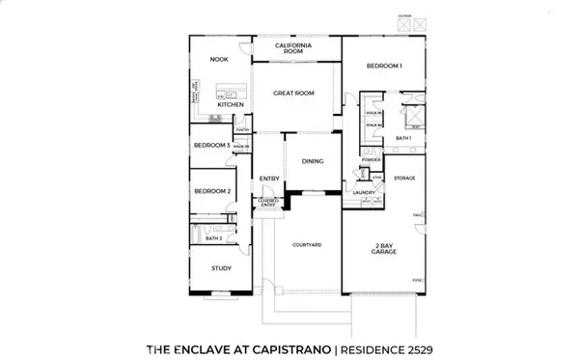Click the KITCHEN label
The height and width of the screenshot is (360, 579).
point(230,104)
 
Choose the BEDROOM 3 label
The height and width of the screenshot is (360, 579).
point(210,145)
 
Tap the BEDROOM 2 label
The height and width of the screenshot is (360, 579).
point(212,191)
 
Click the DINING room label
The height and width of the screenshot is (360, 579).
point(312,161)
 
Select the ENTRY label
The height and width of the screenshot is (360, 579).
point(268,179)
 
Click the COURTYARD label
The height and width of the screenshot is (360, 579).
point(307,245)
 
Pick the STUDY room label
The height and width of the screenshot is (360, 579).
point(219,267)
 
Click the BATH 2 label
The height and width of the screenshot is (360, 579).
point(215,236)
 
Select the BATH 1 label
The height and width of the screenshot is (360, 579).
point(402,139)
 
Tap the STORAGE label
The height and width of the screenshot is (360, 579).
point(403,178)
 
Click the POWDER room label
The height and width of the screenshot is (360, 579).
point(372,159)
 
